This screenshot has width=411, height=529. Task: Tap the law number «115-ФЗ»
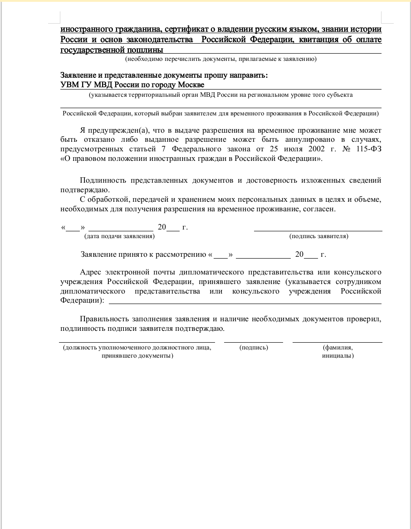[x=369, y=149]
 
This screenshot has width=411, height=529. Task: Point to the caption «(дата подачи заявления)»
[x=119, y=236]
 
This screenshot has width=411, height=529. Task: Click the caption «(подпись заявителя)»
[x=319, y=236]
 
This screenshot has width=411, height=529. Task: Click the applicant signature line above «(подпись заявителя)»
[x=318, y=230]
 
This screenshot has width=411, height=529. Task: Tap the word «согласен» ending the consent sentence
[x=320, y=209]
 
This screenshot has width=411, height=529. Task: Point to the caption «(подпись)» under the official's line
[x=254, y=348]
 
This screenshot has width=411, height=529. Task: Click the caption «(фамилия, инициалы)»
[x=338, y=352]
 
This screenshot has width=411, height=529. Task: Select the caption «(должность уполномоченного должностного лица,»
[x=137, y=348]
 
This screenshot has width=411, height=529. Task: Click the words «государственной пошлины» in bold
[x=112, y=50]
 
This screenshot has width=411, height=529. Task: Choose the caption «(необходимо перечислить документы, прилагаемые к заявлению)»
[x=221, y=59]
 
